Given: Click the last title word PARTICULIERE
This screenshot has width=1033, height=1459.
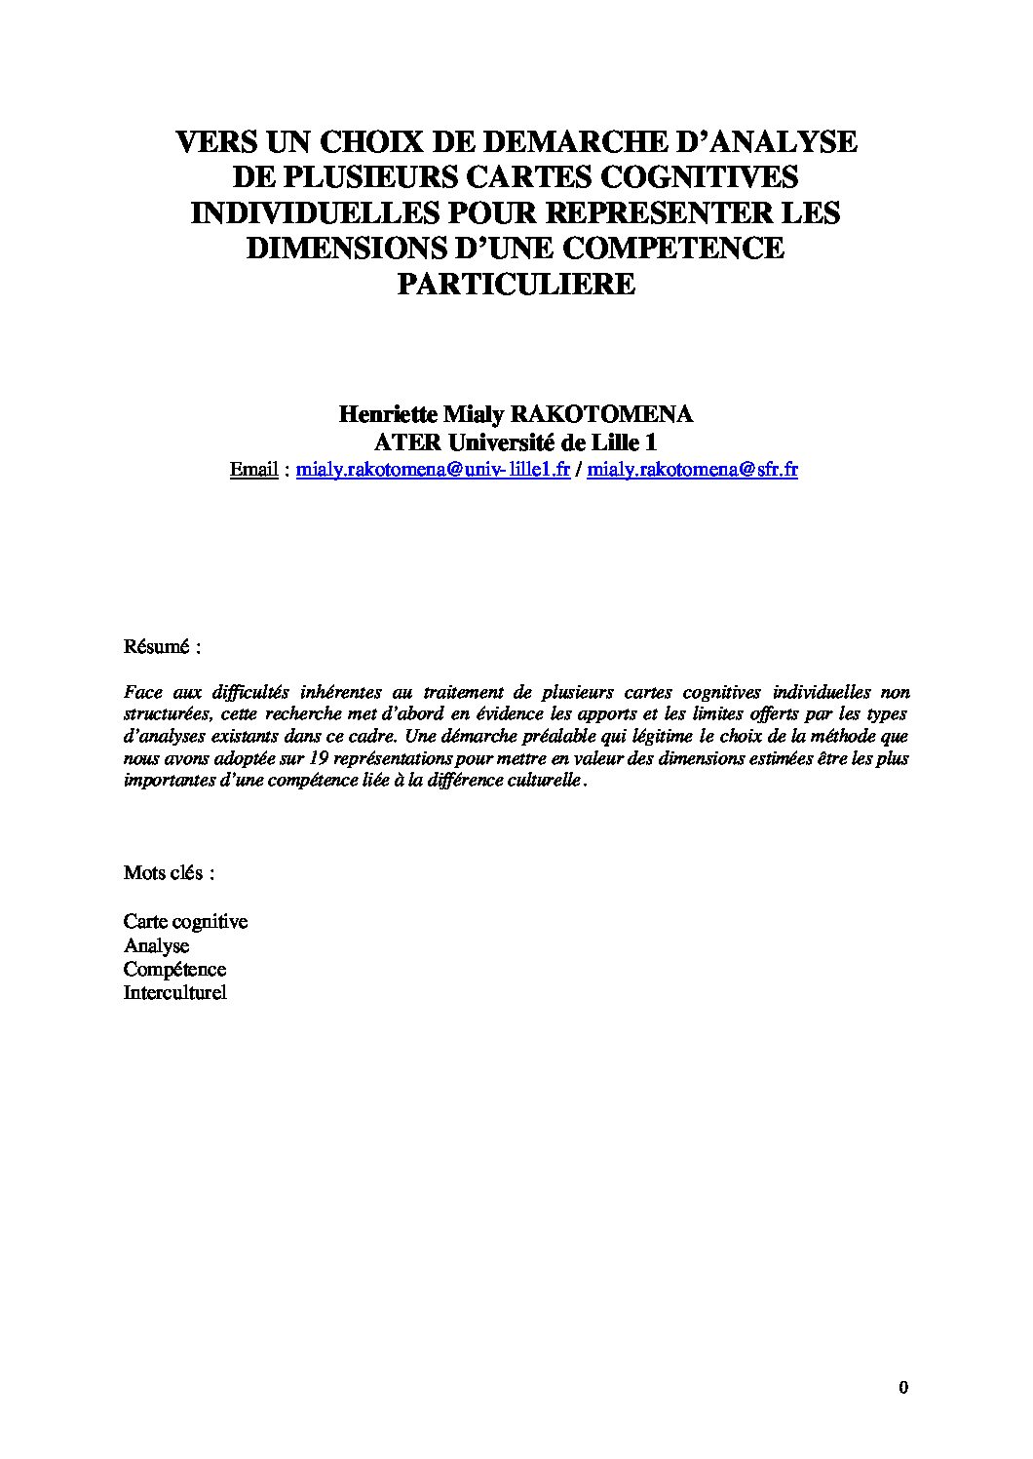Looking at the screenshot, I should [x=516, y=284].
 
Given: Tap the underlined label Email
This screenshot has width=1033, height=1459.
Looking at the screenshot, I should [x=254, y=469].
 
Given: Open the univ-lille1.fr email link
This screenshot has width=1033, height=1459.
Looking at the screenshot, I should [x=433, y=469].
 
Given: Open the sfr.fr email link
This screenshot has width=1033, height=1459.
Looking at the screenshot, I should [x=693, y=469].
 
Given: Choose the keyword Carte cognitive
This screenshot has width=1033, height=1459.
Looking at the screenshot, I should [x=185, y=921].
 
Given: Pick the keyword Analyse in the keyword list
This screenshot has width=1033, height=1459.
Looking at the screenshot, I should [x=156, y=945].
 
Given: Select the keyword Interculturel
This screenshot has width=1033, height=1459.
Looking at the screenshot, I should [x=174, y=993].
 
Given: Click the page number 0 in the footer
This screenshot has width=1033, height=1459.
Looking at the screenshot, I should [x=903, y=1388].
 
